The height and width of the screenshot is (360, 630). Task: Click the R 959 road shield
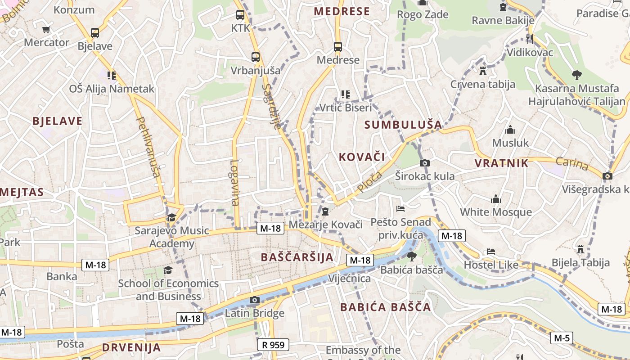(x=273, y=345)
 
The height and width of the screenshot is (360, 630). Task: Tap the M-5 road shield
(x=562, y=338)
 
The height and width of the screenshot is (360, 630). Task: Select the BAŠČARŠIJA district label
(x=297, y=257)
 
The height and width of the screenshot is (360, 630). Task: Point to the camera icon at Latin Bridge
(x=255, y=300)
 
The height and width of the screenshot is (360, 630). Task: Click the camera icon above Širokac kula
(x=424, y=163)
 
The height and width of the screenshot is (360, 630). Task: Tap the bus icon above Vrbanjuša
(x=256, y=57)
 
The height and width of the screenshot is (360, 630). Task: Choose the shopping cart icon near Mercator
(x=46, y=30)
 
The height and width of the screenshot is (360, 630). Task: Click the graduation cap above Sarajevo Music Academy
(x=171, y=218)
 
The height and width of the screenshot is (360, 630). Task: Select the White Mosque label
(x=495, y=212)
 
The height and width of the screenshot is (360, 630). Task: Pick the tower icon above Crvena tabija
(x=483, y=71)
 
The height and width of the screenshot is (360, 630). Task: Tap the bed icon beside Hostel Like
(x=491, y=252)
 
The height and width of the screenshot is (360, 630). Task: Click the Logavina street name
(x=234, y=183)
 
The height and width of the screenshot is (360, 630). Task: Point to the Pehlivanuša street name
(x=149, y=147)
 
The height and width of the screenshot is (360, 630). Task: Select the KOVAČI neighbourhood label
(x=361, y=157)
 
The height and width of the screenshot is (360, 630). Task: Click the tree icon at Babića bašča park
(x=411, y=256)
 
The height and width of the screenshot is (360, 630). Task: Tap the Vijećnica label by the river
(x=349, y=279)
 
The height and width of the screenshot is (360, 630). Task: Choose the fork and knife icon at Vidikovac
(x=530, y=39)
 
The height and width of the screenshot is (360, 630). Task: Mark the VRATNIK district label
(x=501, y=163)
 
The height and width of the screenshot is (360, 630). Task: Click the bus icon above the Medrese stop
(x=338, y=47)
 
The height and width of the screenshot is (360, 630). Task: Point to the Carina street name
(x=571, y=164)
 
